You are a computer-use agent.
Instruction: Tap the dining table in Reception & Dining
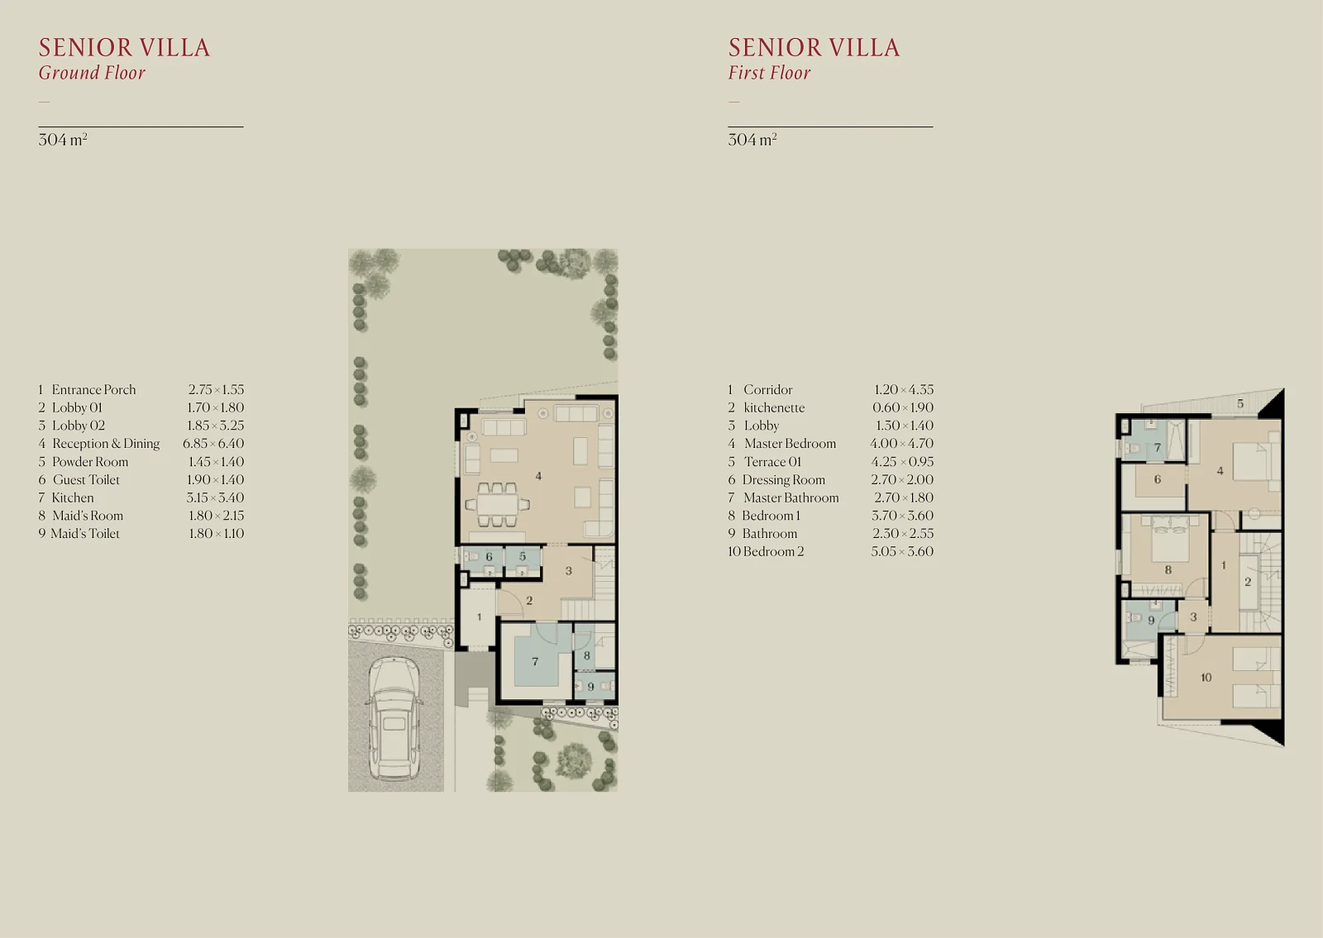click(x=497, y=505)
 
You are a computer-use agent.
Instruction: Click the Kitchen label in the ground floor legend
click(x=73, y=498)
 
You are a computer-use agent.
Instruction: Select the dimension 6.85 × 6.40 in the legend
click(x=213, y=443)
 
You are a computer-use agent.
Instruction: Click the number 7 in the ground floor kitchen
click(x=535, y=662)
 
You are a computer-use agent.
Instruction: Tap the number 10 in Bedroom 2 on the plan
click(x=1206, y=678)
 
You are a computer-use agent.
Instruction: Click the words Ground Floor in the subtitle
click(x=92, y=73)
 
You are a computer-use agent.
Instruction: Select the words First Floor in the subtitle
click(x=769, y=73)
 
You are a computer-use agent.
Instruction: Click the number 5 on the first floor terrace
click(x=1240, y=404)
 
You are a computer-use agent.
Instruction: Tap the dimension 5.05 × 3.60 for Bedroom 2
click(x=902, y=551)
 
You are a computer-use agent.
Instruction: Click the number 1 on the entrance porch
click(x=479, y=617)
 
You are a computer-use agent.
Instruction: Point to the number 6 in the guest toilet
click(x=489, y=557)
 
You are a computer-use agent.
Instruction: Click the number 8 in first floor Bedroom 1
click(x=1168, y=570)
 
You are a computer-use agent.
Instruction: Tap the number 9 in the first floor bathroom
click(x=1151, y=621)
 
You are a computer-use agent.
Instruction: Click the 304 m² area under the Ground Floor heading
click(x=63, y=140)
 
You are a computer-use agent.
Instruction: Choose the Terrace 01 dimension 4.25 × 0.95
click(x=902, y=462)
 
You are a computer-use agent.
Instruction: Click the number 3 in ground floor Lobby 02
click(x=569, y=571)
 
